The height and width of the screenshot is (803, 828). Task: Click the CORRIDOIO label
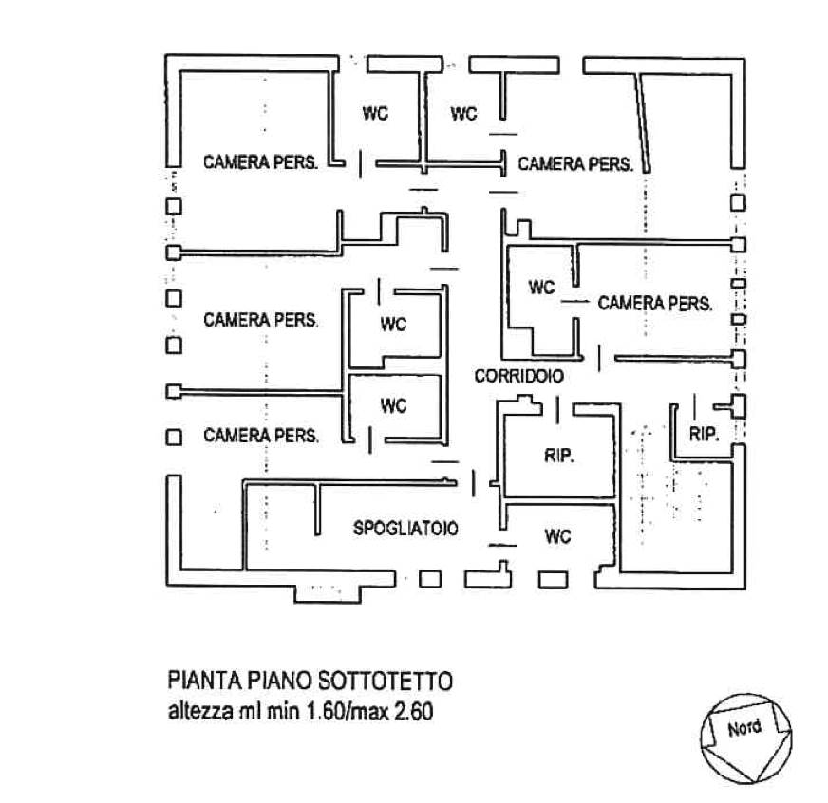click(518, 377)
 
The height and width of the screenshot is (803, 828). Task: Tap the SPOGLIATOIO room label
click(405, 530)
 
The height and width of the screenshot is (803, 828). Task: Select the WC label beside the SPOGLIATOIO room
click(557, 537)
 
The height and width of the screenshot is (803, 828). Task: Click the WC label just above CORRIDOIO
click(541, 287)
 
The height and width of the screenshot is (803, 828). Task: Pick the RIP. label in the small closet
click(703, 435)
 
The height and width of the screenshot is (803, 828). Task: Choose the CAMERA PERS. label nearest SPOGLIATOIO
click(260, 436)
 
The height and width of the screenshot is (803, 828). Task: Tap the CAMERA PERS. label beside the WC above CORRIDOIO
click(654, 304)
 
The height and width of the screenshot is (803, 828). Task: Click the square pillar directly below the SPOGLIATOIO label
click(430, 578)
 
